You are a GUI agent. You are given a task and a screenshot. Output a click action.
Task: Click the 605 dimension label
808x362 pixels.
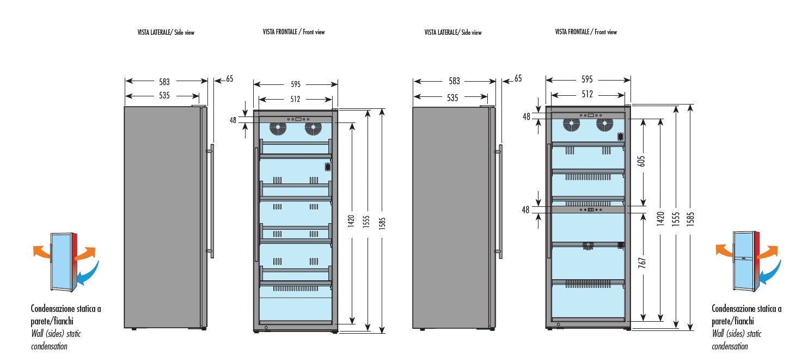point(644,161)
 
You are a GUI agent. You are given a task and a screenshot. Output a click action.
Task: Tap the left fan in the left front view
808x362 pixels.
point(278,129)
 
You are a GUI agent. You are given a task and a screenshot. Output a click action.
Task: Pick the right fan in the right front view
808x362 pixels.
point(604,125)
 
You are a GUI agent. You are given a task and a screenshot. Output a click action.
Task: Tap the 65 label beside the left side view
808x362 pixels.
point(229,79)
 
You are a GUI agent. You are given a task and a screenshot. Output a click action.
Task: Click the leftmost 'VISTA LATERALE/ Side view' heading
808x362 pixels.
point(166,33)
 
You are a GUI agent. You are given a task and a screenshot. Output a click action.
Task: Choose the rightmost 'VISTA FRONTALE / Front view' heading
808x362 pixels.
point(586,32)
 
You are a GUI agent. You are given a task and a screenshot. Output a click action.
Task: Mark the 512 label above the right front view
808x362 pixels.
point(587,94)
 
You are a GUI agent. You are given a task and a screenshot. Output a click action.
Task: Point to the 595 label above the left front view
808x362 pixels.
point(296,84)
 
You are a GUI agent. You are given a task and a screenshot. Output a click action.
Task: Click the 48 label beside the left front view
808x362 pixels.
point(233,120)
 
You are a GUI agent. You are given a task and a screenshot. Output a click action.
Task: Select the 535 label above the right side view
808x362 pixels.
point(452,98)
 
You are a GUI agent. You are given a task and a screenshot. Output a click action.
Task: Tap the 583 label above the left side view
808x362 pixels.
point(164,82)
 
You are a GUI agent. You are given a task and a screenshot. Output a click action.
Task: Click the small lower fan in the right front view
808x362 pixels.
point(588,246)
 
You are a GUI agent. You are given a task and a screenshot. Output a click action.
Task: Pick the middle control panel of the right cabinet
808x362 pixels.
point(588,210)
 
